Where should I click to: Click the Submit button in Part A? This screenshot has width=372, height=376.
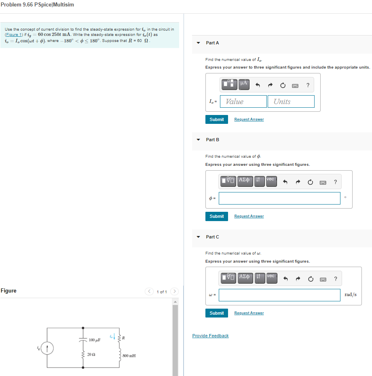click(x=216, y=119)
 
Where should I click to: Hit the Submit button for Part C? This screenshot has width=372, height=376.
click(x=216, y=313)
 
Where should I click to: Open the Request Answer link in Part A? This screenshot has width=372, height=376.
click(x=249, y=119)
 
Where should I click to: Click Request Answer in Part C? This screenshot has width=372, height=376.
click(x=249, y=313)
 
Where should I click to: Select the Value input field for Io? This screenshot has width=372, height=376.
click(x=243, y=102)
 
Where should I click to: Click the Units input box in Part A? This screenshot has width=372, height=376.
click(x=291, y=102)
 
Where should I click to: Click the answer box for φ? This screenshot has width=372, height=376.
click(x=279, y=198)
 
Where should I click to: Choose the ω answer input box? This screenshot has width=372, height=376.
click(x=279, y=295)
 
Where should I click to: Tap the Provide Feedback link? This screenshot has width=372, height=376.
click(x=210, y=336)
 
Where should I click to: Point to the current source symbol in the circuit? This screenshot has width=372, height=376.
click(x=47, y=348)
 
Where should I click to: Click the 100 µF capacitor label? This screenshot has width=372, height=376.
click(x=95, y=340)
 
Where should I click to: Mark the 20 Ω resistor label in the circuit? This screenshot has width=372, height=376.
click(x=91, y=355)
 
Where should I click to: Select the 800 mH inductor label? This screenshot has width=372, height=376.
click(x=129, y=356)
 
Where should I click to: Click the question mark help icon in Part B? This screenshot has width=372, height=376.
click(x=335, y=182)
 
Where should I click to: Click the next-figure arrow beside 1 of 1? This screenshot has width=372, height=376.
click(x=175, y=292)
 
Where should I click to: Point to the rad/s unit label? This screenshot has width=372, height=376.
click(x=350, y=295)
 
